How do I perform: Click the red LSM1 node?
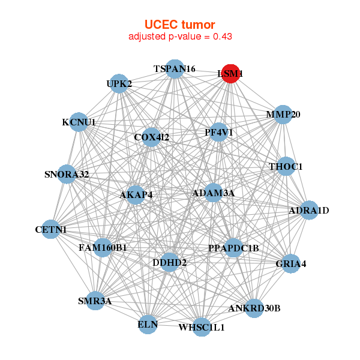pos(231,74)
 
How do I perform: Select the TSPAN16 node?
pos(174,69)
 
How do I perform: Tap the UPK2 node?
pos(119,84)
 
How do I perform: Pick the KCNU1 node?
pos(79,122)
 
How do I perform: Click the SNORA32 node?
pos(67,175)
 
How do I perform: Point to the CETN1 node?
pos(51,229)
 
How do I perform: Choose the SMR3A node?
pos(95,301)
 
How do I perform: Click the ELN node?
pos(148,325)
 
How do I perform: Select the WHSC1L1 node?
pos(202,327)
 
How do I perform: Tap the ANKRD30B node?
pos(254,308)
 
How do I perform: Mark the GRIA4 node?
pos(290,263)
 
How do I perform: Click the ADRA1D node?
pos(308,211)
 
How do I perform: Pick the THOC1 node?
pos(286,166)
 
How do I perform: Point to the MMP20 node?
pos(283,114)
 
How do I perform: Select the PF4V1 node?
pos(219,132)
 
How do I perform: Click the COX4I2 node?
pos(152,137)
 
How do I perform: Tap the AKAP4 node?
pos(136,194)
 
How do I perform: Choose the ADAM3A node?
pos(213,193)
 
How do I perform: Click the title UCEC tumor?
pos(179,25)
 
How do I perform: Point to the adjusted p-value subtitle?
pos(180,36)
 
